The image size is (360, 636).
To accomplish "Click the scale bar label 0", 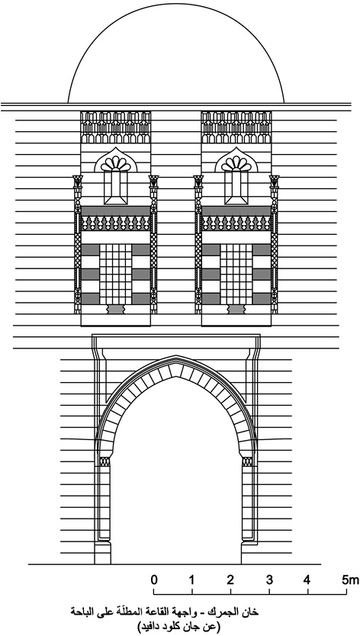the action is pyautogui.click(x=154, y=580).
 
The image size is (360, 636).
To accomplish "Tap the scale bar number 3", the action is pyautogui.click(x=269, y=580).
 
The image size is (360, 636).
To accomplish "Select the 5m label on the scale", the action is pyautogui.click(x=350, y=580).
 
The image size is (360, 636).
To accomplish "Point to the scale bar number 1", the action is pyautogui.click(x=191, y=580).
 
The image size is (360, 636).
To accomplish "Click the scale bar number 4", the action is pyautogui.click(x=307, y=580).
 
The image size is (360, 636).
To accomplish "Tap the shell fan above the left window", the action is pyautogui.click(x=116, y=164).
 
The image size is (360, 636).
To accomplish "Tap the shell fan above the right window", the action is pyautogui.click(x=236, y=164).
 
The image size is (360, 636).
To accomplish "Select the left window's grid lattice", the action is pyautogui.click(x=116, y=275).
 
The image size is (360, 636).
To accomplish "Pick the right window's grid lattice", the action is pyautogui.click(x=236, y=275).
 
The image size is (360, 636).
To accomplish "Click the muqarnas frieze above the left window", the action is pyautogui.click(x=116, y=127).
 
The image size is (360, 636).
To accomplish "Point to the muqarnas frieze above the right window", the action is pyautogui.click(x=236, y=127).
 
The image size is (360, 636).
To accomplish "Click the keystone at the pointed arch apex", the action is pyautogui.click(x=175, y=370).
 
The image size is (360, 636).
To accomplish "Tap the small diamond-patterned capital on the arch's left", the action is pyautogui.click(x=104, y=461).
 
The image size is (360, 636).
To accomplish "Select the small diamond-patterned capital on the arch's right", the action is pyautogui.click(x=247, y=461).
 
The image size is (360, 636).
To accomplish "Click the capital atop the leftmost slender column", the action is pyautogui.click(x=78, y=181).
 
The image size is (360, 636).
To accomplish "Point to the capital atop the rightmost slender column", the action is pyautogui.click(x=275, y=181).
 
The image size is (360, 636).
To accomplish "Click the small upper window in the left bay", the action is pyautogui.click(x=116, y=188).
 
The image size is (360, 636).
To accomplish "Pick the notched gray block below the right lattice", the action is pyautogui.click(x=236, y=310).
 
